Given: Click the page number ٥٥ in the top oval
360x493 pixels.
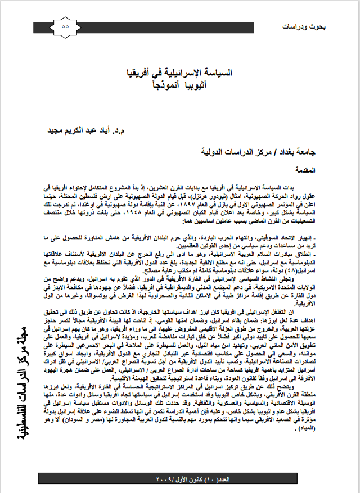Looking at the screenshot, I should click(x=65, y=26).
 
